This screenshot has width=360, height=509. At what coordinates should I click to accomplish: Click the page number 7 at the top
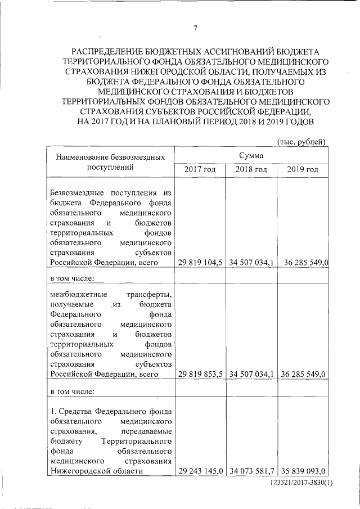[x=195, y=29]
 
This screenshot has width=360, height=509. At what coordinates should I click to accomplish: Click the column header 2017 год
[x=200, y=169]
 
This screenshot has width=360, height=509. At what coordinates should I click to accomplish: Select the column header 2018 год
[x=251, y=169]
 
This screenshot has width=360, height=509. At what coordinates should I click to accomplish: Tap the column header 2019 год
[x=303, y=169]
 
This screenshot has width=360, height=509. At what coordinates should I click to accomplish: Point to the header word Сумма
[x=251, y=154]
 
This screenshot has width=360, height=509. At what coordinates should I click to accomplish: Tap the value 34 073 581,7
[x=251, y=471]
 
